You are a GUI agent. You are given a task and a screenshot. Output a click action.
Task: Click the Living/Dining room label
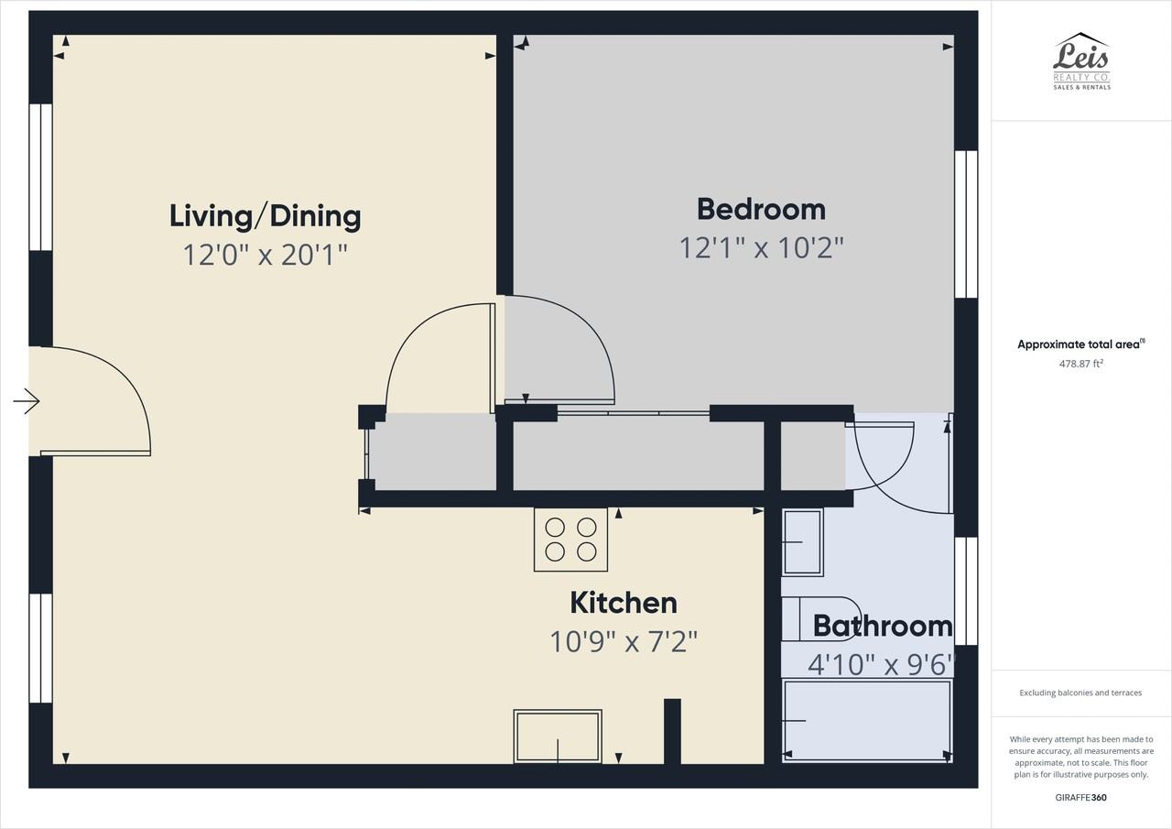coord(266,216)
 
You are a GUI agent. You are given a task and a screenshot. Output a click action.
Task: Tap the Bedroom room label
coord(761,210)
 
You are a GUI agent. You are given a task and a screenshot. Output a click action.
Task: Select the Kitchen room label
coord(624,603)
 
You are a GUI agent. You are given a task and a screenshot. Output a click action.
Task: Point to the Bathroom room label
coord(883,626)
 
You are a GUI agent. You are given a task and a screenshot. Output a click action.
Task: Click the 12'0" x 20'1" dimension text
coord(266,255)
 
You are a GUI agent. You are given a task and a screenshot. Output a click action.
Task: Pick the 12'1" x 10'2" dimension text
coord(761,247)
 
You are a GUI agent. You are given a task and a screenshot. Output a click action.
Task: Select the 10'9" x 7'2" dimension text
coord(624,641)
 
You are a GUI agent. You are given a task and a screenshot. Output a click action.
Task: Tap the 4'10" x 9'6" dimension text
coord(882,665)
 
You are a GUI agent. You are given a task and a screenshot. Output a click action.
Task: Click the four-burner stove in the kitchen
coord(570,540)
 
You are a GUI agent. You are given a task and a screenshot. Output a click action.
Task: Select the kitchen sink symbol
coord(558,736)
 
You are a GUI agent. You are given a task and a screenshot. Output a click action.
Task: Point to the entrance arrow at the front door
coord(27,402)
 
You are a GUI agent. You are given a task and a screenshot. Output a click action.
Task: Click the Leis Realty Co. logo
coord(1081,61)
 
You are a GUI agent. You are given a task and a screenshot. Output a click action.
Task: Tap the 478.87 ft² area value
coord(1081,364)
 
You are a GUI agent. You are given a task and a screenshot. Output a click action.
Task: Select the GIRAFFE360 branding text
coord(1081,798)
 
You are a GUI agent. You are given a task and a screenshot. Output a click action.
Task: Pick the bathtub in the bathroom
coord(867,721)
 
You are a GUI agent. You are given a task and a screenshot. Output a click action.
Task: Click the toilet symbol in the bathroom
coord(820,619)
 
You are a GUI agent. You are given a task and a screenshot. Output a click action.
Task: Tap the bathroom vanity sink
coord(803,542)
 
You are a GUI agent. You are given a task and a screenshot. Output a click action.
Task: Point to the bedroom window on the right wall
coord(966,224)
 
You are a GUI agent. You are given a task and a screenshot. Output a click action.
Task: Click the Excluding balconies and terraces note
coord(1081,693)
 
